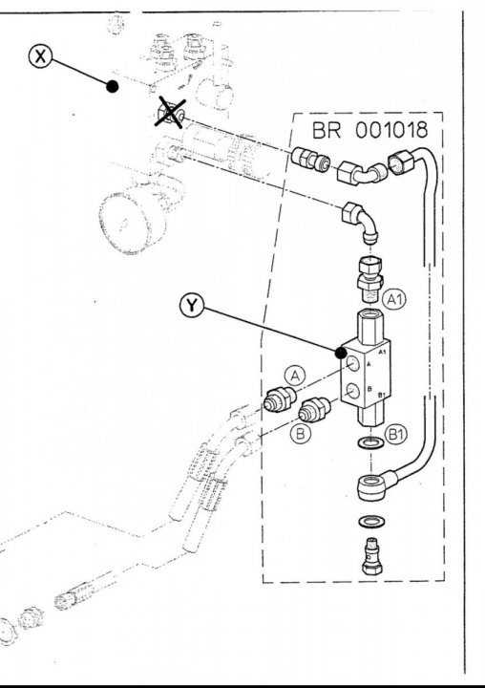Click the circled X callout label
pyautogui.click(x=40, y=56)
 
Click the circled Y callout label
pyautogui.click(x=192, y=306)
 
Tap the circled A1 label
pyautogui.click(x=394, y=300)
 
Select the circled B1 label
pyautogui.click(x=396, y=435)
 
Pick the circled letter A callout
pyautogui.click(x=295, y=376)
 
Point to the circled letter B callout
pyautogui.click(x=301, y=434)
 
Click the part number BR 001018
pyautogui.click(x=369, y=130)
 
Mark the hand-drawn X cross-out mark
pyautogui.click(x=170, y=113)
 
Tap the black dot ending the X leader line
pyautogui.click(x=113, y=86)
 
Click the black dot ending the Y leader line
pyautogui.click(x=341, y=353)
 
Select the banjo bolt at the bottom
pyautogui.click(x=372, y=556)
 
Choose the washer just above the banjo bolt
pyautogui.click(x=372, y=522)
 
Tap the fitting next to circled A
pyautogui.click(x=281, y=399)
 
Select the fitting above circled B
pyautogui.click(x=314, y=409)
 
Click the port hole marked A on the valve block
pyautogui.click(x=352, y=364)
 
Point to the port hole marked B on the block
pyautogui.click(x=352, y=390)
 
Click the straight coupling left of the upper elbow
pyautogui.click(x=310, y=159)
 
